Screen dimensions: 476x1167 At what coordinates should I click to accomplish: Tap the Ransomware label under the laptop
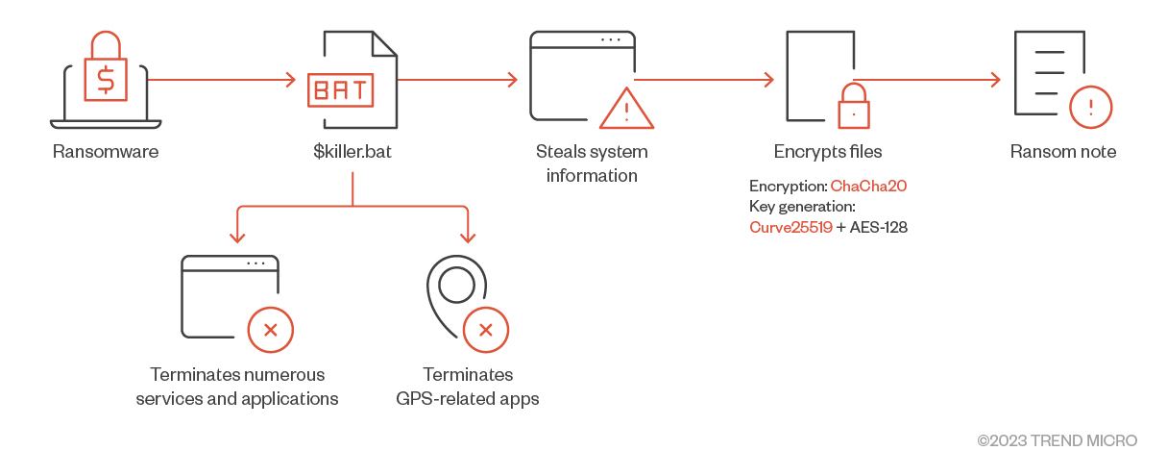(106, 152)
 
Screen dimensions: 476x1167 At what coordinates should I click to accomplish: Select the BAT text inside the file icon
(340, 91)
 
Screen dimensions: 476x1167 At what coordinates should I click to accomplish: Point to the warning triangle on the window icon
(626, 110)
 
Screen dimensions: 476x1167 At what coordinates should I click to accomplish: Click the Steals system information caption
(592, 163)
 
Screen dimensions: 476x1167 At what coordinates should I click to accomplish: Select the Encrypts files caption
(828, 152)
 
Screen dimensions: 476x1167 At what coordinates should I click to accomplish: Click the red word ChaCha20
(868, 187)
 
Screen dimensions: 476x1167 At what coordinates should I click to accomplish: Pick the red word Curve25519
(790, 228)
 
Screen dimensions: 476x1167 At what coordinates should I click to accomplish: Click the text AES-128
(879, 228)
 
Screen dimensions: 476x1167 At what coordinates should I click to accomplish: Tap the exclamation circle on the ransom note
(1090, 107)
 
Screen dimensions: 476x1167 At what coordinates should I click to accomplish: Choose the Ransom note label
(1063, 152)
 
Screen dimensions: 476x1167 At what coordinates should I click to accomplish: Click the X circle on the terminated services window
(271, 330)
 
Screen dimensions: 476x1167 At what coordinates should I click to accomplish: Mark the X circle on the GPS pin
(486, 330)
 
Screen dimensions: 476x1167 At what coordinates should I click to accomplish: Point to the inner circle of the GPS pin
(456, 284)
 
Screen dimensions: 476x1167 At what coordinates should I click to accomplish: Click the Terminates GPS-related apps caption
(468, 387)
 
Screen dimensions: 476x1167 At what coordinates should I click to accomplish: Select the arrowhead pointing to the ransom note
(995, 80)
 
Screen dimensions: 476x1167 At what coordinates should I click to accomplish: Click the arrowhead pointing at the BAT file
(291, 80)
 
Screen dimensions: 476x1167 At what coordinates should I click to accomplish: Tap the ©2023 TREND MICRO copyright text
(1057, 440)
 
